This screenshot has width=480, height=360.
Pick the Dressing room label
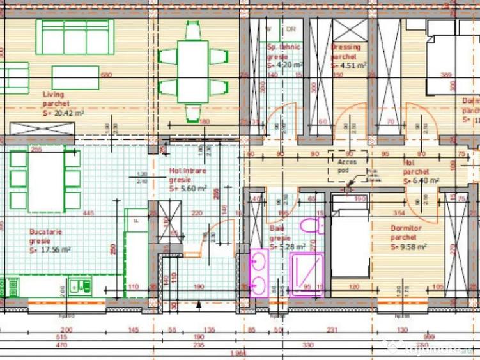click(x=346, y=47)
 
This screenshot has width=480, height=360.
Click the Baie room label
click(x=275, y=228)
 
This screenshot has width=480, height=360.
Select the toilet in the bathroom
click(x=311, y=227)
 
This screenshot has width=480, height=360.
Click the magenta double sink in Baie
click(x=258, y=272)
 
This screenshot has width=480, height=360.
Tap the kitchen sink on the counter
click(x=81, y=286)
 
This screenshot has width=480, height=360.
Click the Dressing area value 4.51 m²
click(x=348, y=65)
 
